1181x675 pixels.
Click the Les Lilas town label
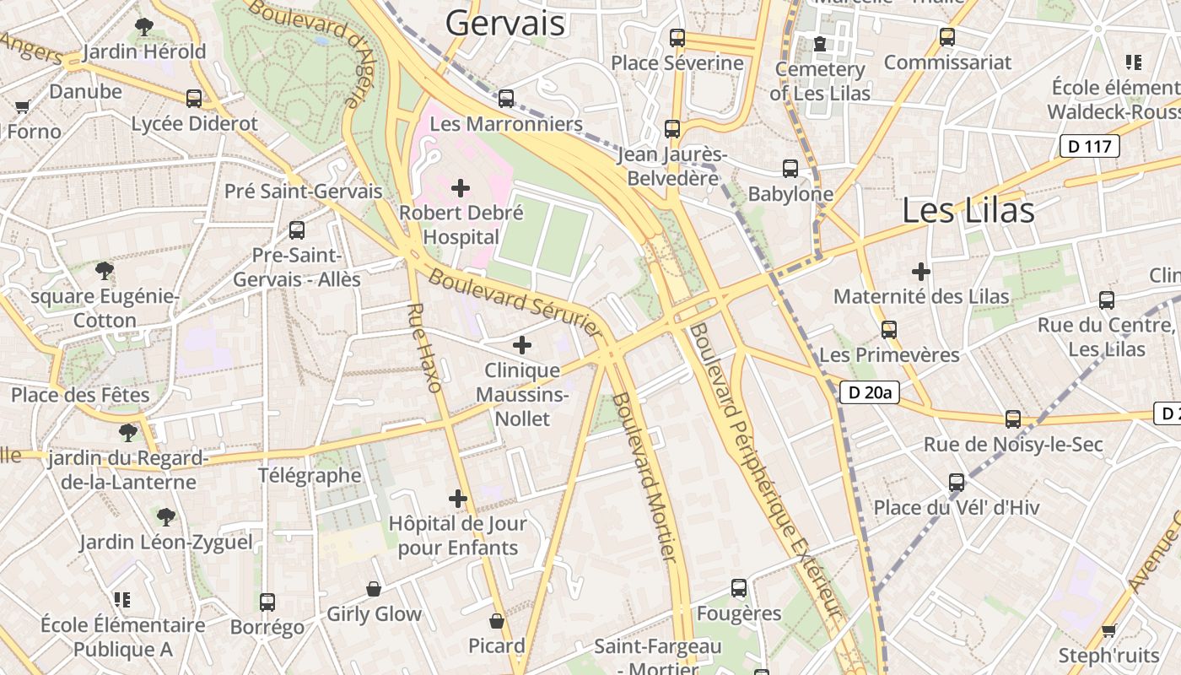coord(968,210)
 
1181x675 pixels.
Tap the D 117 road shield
coord(1089,146)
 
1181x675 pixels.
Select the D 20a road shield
coord(870,391)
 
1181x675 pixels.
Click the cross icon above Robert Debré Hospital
coord(461,187)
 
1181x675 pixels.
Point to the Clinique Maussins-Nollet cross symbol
coord(522,344)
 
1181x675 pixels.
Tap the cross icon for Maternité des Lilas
coord(921,272)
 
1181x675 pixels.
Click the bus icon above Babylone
coord(790,169)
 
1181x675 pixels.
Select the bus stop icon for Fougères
coord(739,588)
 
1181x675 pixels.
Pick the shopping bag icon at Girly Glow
coord(374,589)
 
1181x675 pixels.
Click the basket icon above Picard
coord(497,621)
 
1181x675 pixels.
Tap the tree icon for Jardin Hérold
coord(144,27)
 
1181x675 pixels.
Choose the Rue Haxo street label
coord(423,348)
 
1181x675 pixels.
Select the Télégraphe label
coord(310,475)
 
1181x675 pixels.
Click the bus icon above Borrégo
coord(267,602)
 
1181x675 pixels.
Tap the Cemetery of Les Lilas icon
coord(820,44)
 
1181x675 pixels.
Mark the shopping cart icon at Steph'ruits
coord(1109,630)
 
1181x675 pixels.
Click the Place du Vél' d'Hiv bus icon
coord(957,483)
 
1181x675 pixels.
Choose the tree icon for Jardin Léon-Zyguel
coord(166,516)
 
